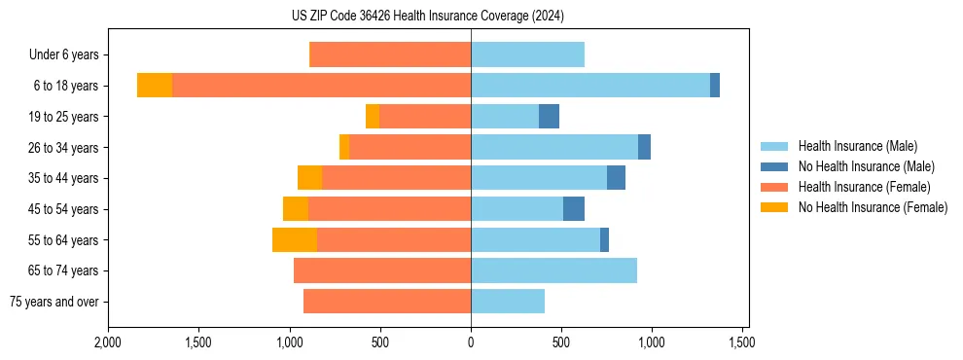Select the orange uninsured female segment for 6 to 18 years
(155, 86)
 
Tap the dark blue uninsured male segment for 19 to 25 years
(549, 117)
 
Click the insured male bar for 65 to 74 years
(553, 270)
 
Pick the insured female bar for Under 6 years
(390, 55)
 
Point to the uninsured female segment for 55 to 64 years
(295, 240)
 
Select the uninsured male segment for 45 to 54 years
(574, 209)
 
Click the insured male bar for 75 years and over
(508, 302)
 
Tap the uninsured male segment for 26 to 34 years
(644, 148)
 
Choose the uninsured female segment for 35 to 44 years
(309, 178)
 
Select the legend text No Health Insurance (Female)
(873, 208)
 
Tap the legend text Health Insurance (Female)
(865, 188)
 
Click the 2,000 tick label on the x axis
(108, 342)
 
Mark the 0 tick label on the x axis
(471, 342)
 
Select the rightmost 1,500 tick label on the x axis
(742, 342)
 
